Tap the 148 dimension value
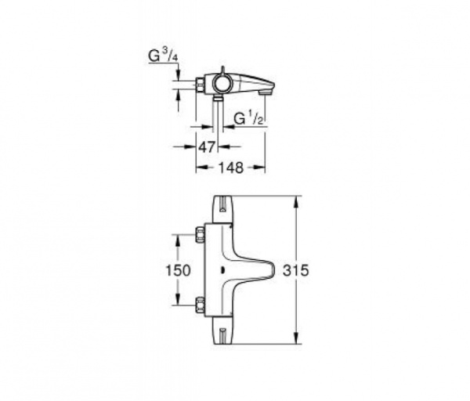pyautogui.click(x=230, y=167)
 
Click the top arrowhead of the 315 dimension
pyautogui.click(x=296, y=200)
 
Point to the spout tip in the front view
pyautogui.click(x=270, y=269)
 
